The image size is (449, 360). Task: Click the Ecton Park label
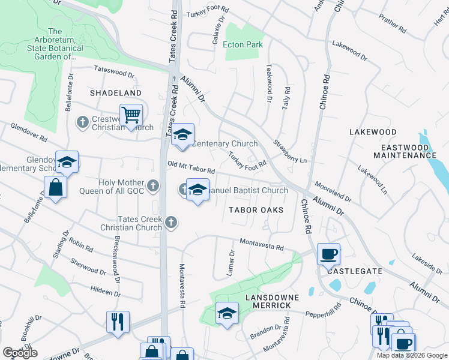pos(243,44)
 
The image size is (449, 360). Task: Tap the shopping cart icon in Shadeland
pos(131,114)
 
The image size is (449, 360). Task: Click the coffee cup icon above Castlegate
pos(328,254)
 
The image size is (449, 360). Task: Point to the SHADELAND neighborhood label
pos(116,93)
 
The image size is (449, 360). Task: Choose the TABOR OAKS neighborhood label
pos(256,210)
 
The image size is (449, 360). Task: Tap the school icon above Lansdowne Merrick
pos(227,313)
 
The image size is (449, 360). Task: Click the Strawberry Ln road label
pos(290,152)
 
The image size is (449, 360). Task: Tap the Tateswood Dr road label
pos(114,73)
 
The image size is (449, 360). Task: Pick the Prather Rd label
pos(394,23)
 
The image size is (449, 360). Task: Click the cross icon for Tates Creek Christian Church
pos(171,222)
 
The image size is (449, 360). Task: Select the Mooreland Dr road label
pos(333,193)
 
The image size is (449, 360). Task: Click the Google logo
pos(20,353)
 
